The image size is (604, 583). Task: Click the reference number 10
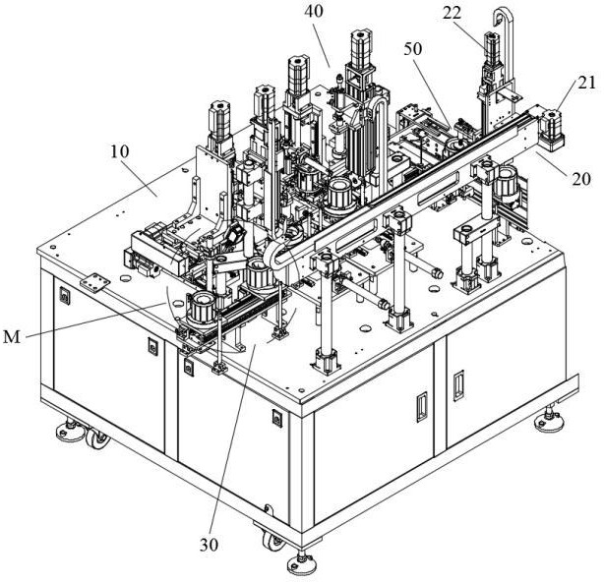[x=119, y=151]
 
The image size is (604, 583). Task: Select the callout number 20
[x=581, y=179]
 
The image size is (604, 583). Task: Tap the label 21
[x=587, y=84]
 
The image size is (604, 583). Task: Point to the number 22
[x=452, y=14]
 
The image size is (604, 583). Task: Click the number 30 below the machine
[x=209, y=545]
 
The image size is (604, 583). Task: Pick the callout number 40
[x=314, y=12]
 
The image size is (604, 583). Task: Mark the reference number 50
[x=413, y=49]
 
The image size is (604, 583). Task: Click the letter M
[x=12, y=337]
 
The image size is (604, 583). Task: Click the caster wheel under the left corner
[x=96, y=438]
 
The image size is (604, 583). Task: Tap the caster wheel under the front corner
[x=273, y=540]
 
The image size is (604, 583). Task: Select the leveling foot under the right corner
[x=549, y=420]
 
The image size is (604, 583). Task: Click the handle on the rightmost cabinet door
[x=458, y=385]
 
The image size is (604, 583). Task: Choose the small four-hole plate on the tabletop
[x=95, y=282]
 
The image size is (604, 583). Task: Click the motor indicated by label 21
[x=551, y=129]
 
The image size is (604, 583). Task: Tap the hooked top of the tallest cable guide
[x=503, y=18]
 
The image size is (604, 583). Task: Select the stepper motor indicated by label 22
[x=492, y=49]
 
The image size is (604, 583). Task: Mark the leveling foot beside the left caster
[x=70, y=431]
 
